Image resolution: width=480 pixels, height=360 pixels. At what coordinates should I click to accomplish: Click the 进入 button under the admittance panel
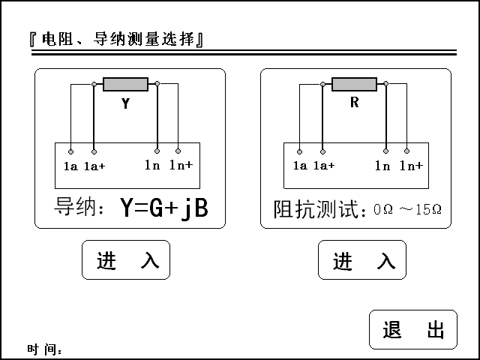pos(126,260)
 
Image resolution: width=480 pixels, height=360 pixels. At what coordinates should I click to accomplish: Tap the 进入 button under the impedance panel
pos(362,260)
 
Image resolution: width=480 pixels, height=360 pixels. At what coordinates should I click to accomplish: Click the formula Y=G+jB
pos(163,208)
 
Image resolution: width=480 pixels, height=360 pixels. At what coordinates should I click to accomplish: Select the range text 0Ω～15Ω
pos(407,209)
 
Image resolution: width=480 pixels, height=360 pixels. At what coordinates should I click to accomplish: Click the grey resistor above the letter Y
pos(125,84)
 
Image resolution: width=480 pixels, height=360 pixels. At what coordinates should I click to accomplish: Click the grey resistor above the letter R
pos(354,84)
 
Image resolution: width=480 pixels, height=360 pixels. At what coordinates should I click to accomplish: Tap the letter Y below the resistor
pos(125,104)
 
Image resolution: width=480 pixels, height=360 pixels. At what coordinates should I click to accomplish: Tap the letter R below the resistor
pos(354,103)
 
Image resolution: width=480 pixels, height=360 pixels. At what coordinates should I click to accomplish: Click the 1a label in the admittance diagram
pos(70,166)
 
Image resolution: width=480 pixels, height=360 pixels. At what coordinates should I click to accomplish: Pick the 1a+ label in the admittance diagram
pos(94,166)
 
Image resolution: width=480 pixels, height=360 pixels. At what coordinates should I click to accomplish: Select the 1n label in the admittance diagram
pos(152,165)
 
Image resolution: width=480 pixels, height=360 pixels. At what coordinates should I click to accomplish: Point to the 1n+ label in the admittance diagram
pos(181,165)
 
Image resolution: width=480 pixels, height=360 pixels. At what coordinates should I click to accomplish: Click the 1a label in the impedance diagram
pos(300,166)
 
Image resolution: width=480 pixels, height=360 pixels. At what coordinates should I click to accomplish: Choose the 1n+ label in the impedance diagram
pos(410,166)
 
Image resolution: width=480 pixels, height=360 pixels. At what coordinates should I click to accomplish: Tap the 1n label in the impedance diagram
pos(382,166)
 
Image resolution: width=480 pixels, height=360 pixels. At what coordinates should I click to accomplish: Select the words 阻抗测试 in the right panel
pos(316,208)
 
